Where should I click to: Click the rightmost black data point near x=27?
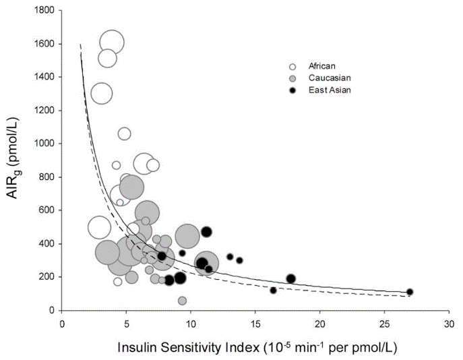click(x=410, y=292)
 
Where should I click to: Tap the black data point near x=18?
click(x=291, y=278)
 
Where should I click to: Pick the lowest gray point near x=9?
click(x=182, y=301)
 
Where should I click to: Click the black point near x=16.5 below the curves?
click(x=273, y=290)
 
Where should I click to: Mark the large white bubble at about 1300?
click(x=102, y=94)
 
